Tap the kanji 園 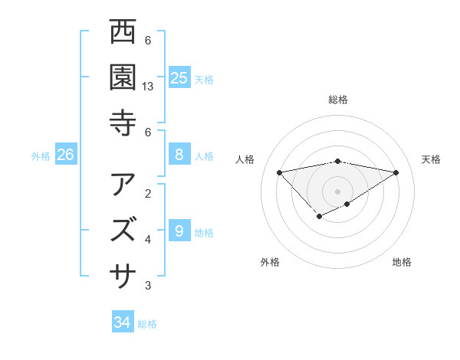click(x=123, y=77)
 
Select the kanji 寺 click(x=123, y=123)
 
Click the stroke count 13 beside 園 click(x=149, y=87)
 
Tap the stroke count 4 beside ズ click(x=148, y=240)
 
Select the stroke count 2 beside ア click(x=148, y=193)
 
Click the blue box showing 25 click(x=179, y=77)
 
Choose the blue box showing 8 click(x=179, y=155)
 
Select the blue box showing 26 click(x=65, y=155)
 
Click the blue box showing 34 click(x=122, y=322)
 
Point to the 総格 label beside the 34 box click(x=147, y=324)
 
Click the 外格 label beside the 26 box click(x=41, y=156)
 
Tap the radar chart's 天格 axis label click(x=431, y=159)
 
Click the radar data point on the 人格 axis click(x=279, y=172)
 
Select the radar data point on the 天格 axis click(x=396, y=172)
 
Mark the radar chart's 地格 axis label click(x=402, y=262)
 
